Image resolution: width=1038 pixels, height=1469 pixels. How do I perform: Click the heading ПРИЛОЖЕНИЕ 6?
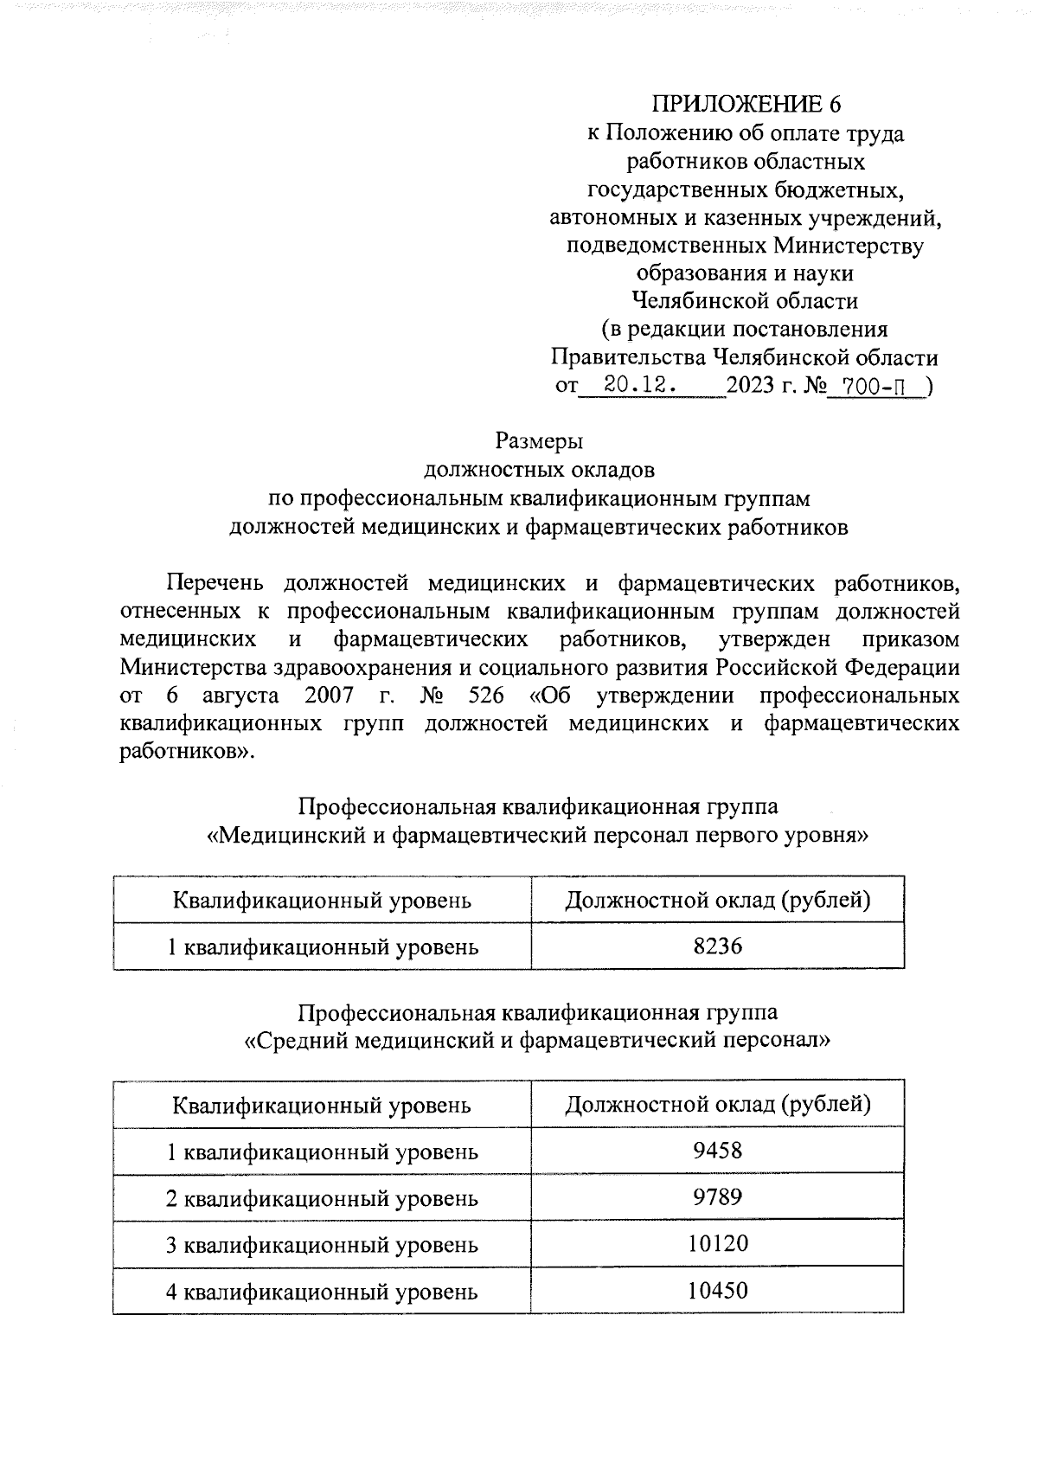[746, 105]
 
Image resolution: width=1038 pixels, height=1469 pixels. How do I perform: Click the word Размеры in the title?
[539, 441]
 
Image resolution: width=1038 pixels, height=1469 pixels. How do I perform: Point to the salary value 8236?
[717, 946]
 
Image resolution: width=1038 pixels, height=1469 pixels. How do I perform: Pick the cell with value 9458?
[717, 1151]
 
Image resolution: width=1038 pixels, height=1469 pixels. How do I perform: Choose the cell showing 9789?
[717, 1197]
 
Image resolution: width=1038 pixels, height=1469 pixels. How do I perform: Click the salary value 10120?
[717, 1244]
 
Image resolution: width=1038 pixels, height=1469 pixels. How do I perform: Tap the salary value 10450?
[717, 1291]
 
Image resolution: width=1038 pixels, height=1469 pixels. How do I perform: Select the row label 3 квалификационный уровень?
[322, 1246]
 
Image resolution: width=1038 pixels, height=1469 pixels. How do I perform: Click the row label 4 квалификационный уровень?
[322, 1293]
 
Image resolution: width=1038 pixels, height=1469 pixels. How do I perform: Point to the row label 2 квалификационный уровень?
[322, 1199]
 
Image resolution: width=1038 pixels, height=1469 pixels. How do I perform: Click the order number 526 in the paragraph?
[485, 696]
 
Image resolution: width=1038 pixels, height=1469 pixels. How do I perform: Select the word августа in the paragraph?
[240, 696]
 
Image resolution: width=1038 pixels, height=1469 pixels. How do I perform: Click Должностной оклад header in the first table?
[717, 901]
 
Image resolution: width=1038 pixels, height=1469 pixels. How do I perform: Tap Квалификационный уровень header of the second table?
[322, 1106]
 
